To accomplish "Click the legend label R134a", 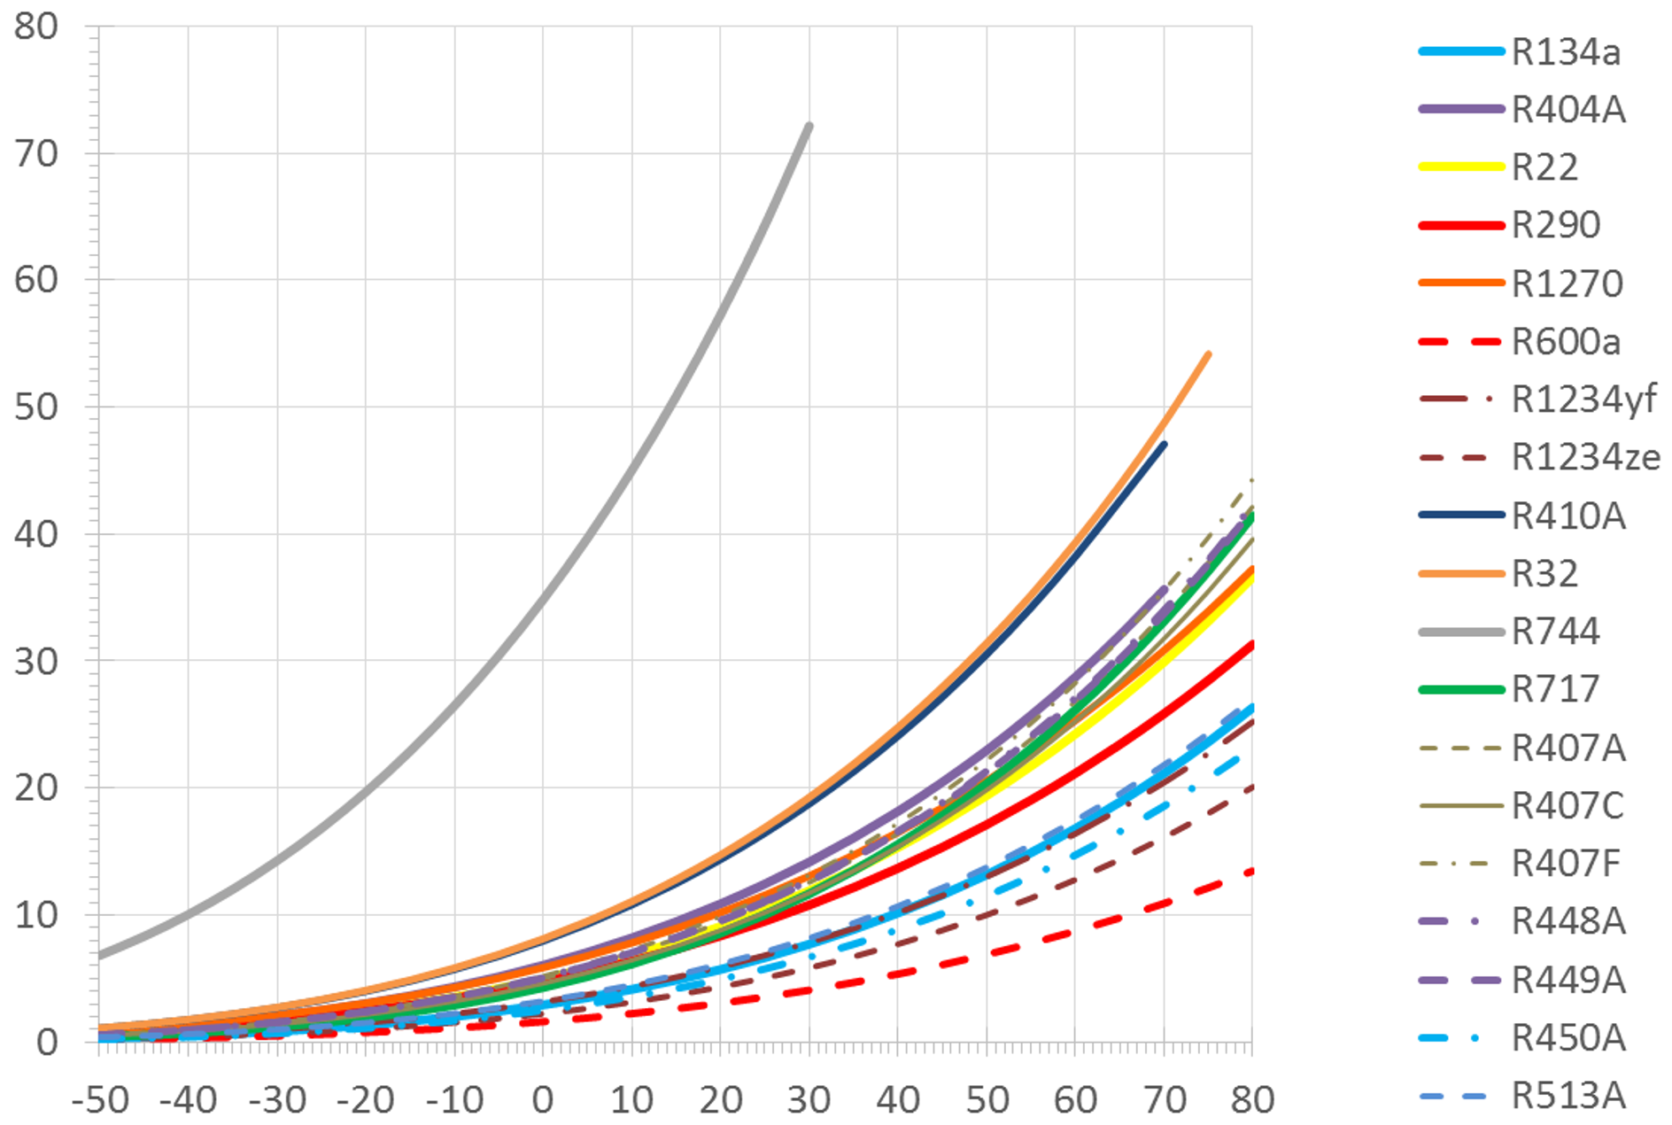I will [x=1566, y=52].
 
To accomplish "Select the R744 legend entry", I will [x=1555, y=632].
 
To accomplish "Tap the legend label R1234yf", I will [x=1583, y=400].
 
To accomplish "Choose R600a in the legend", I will [x=1566, y=342].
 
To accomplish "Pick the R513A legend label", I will [x=1568, y=1096].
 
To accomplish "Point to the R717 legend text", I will [x=1555, y=689].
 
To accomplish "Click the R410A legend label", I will [x=1568, y=516].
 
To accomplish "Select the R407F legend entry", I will [x=1566, y=864].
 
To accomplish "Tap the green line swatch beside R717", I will [x=1461, y=689].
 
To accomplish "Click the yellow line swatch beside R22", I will [x=1461, y=167].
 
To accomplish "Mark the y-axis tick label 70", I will [x=36, y=153].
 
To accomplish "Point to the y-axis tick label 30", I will [x=36, y=661].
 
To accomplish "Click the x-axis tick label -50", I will [x=100, y=1100].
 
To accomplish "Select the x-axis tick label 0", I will [x=543, y=1100].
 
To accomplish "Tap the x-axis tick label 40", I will [x=898, y=1100].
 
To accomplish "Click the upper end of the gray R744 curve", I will [x=809, y=126].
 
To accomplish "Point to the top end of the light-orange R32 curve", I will [x=1209, y=354].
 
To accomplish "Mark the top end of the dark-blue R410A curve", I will [x=1164, y=444].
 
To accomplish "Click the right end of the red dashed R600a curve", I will [x=1250, y=872].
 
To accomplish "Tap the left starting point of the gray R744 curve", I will [x=100, y=956].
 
